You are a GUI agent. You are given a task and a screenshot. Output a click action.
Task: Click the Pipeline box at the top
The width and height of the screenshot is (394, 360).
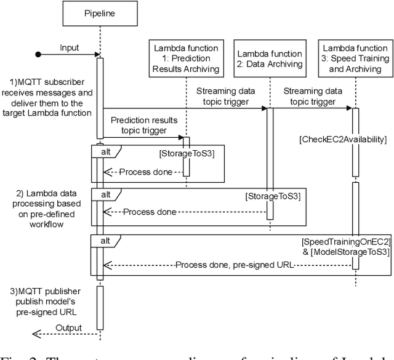pos(99,12)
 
